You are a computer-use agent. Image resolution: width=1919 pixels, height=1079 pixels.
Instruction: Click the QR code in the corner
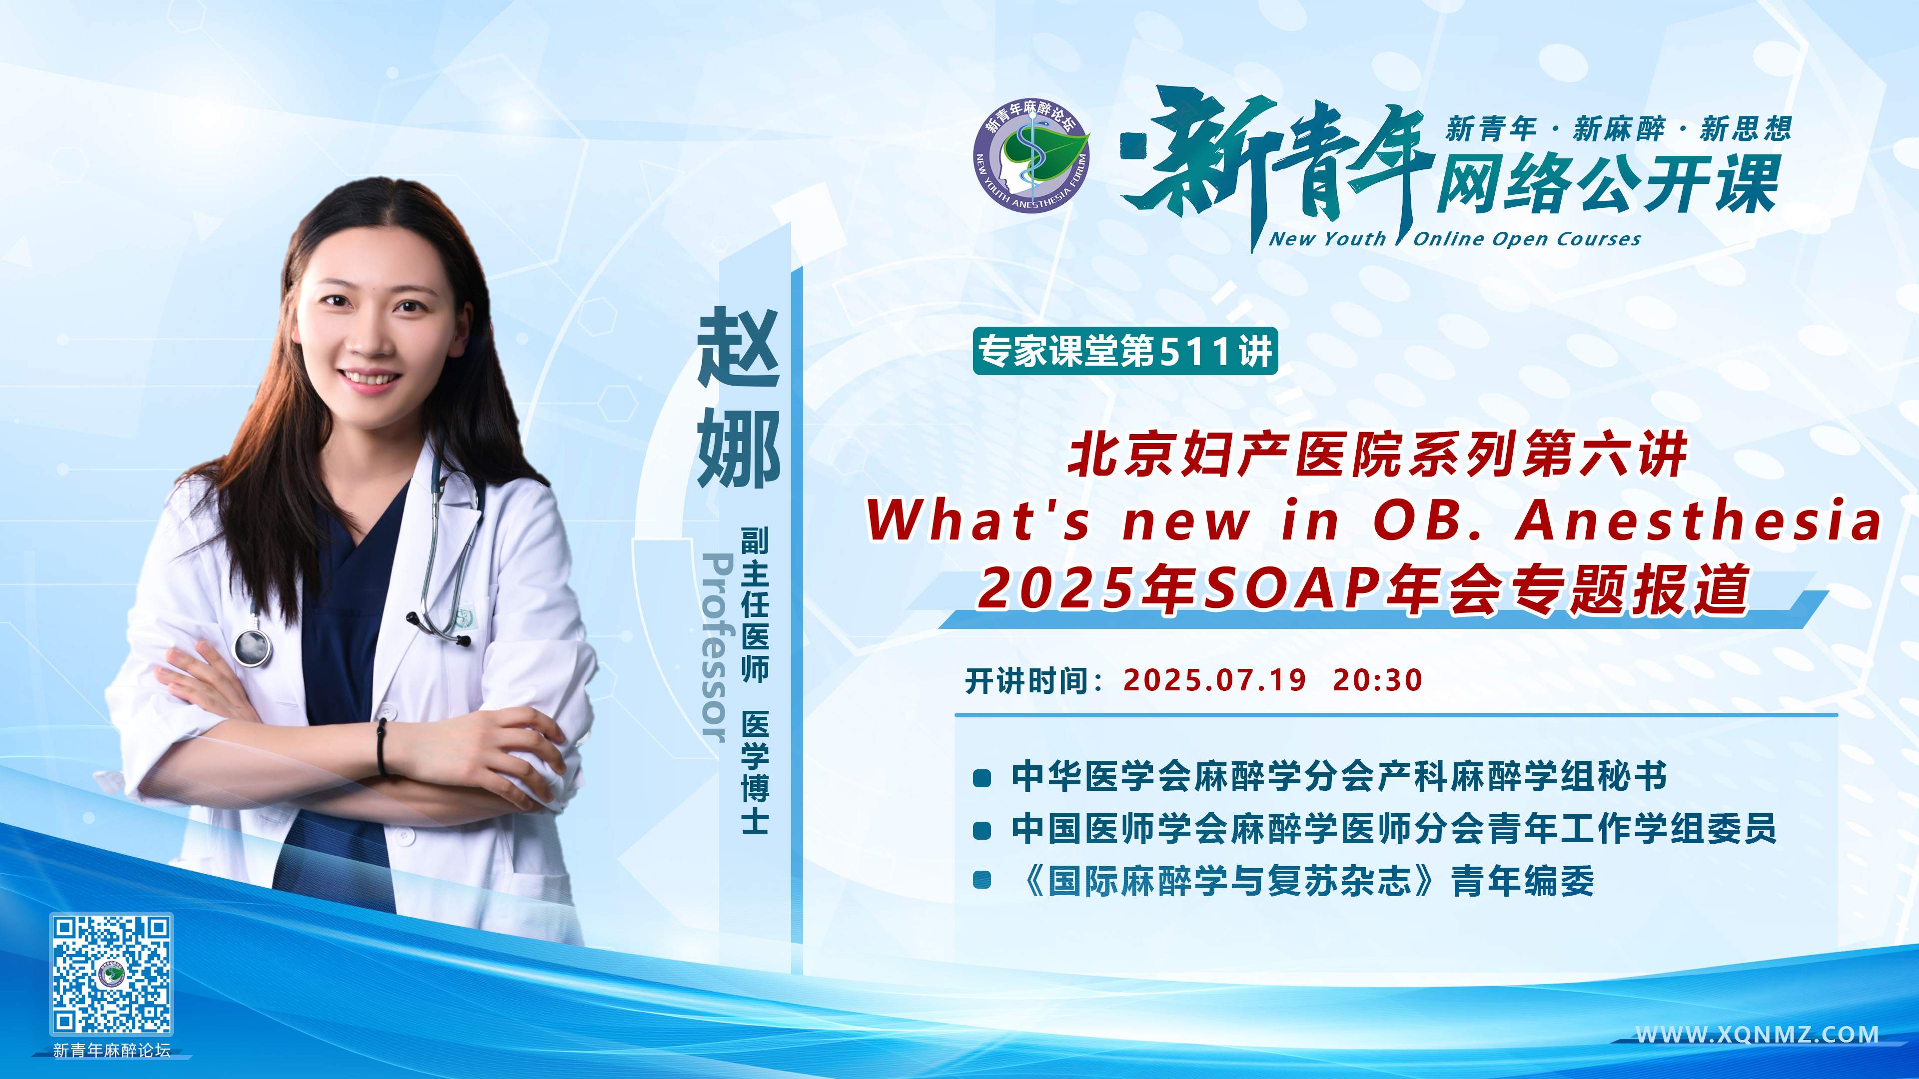pyautogui.click(x=112, y=975)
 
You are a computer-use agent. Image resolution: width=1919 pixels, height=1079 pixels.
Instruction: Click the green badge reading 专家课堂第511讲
pyautogui.click(x=1125, y=351)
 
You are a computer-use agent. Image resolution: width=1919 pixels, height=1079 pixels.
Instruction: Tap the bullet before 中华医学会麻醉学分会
pyautogui.click(x=982, y=779)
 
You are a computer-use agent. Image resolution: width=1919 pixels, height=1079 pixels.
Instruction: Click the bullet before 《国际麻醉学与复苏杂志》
pyautogui.click(x=982, y=880)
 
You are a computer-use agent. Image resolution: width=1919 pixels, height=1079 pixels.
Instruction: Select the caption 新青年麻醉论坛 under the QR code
pyautogui.click(x=112, y=1050)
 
